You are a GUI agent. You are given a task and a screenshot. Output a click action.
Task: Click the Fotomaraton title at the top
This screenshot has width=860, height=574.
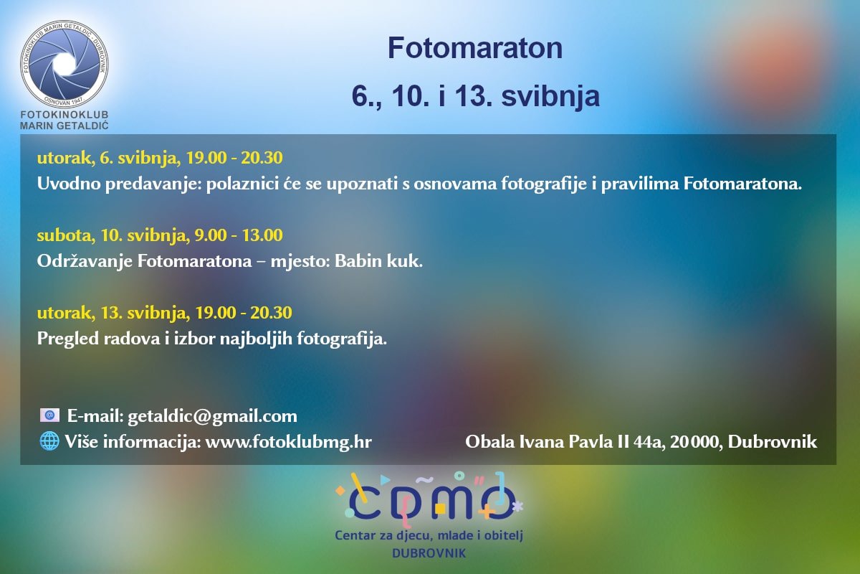pos(474,48)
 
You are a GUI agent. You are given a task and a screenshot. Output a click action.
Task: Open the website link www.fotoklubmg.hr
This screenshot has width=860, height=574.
pos(288,441)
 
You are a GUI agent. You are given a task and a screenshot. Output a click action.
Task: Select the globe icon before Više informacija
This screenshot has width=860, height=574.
pos(49,441)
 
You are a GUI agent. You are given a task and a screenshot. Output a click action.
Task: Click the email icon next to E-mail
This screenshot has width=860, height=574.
pos(49,415)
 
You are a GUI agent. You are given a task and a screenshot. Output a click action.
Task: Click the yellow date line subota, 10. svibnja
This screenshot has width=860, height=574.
pos(160,235)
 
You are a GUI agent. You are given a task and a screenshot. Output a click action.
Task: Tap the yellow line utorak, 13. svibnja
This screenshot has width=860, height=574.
pos(164,313)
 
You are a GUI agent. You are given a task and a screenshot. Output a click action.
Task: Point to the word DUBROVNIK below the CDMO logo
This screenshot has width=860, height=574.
pos(429,553)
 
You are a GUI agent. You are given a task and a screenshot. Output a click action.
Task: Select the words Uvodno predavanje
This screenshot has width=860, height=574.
pos(118,184)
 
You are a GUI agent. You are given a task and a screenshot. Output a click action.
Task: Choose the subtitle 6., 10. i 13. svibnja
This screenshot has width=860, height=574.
pos(474,96)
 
